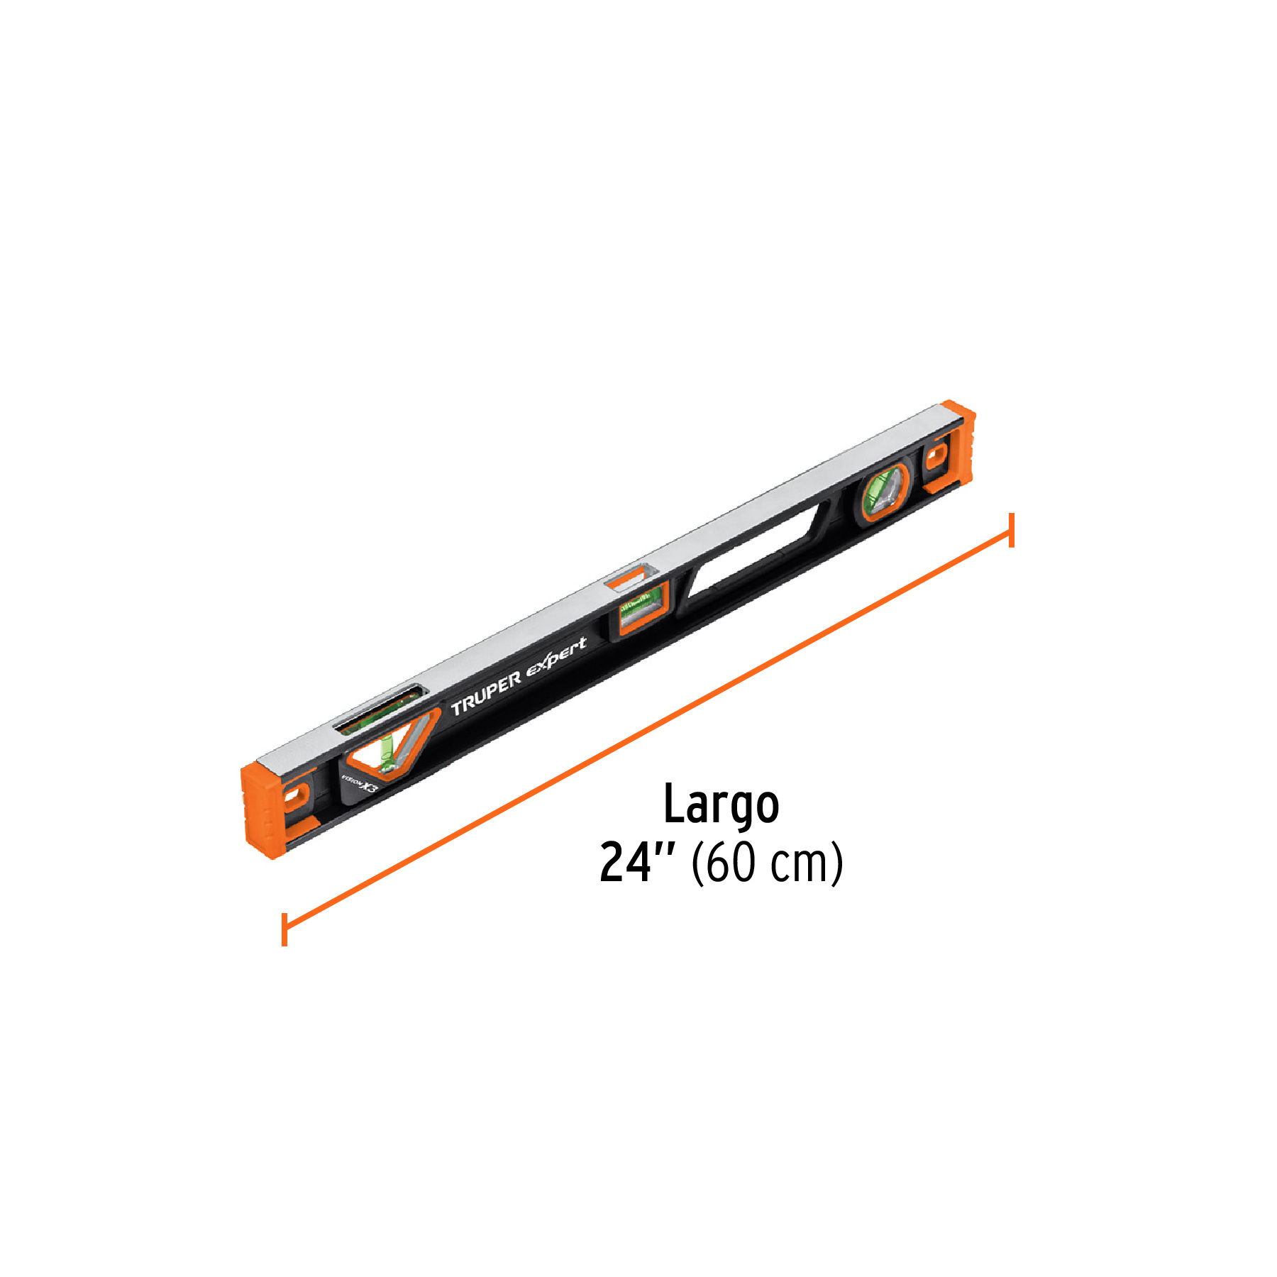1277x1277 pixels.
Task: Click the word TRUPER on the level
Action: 487,695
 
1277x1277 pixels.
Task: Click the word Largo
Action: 721,806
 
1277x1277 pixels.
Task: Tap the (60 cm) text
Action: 767,863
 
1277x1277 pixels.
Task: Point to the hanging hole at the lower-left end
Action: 293,798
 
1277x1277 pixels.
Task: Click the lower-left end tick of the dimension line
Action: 284,929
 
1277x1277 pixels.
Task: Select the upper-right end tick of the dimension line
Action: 1011,530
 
